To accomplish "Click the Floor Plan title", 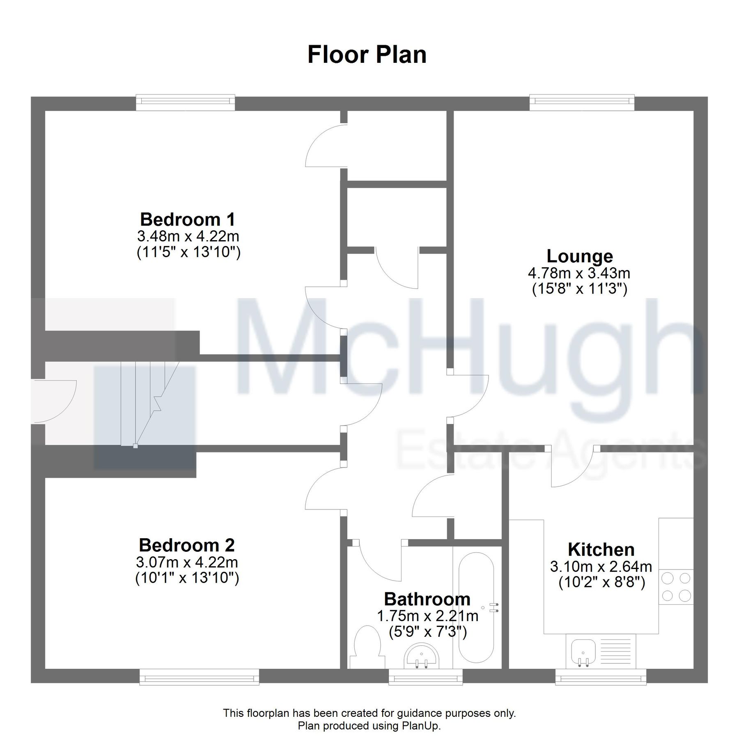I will tap(367, 55).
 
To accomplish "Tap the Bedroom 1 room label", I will tap(188, 219).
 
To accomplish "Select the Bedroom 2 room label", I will tap(187, 545).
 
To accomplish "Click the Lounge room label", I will tap(579, 256).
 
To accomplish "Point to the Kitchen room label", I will tap(601, 549).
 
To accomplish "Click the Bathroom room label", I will tap(427, 599).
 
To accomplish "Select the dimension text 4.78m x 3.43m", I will tap(579, 273).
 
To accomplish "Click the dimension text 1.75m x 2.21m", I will tap(427, 616).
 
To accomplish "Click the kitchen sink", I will tap(583, 653).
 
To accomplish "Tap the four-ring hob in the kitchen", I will tap(676, 587).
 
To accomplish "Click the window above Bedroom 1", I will tap(186, 103).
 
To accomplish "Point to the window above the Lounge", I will tap(582, 103).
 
